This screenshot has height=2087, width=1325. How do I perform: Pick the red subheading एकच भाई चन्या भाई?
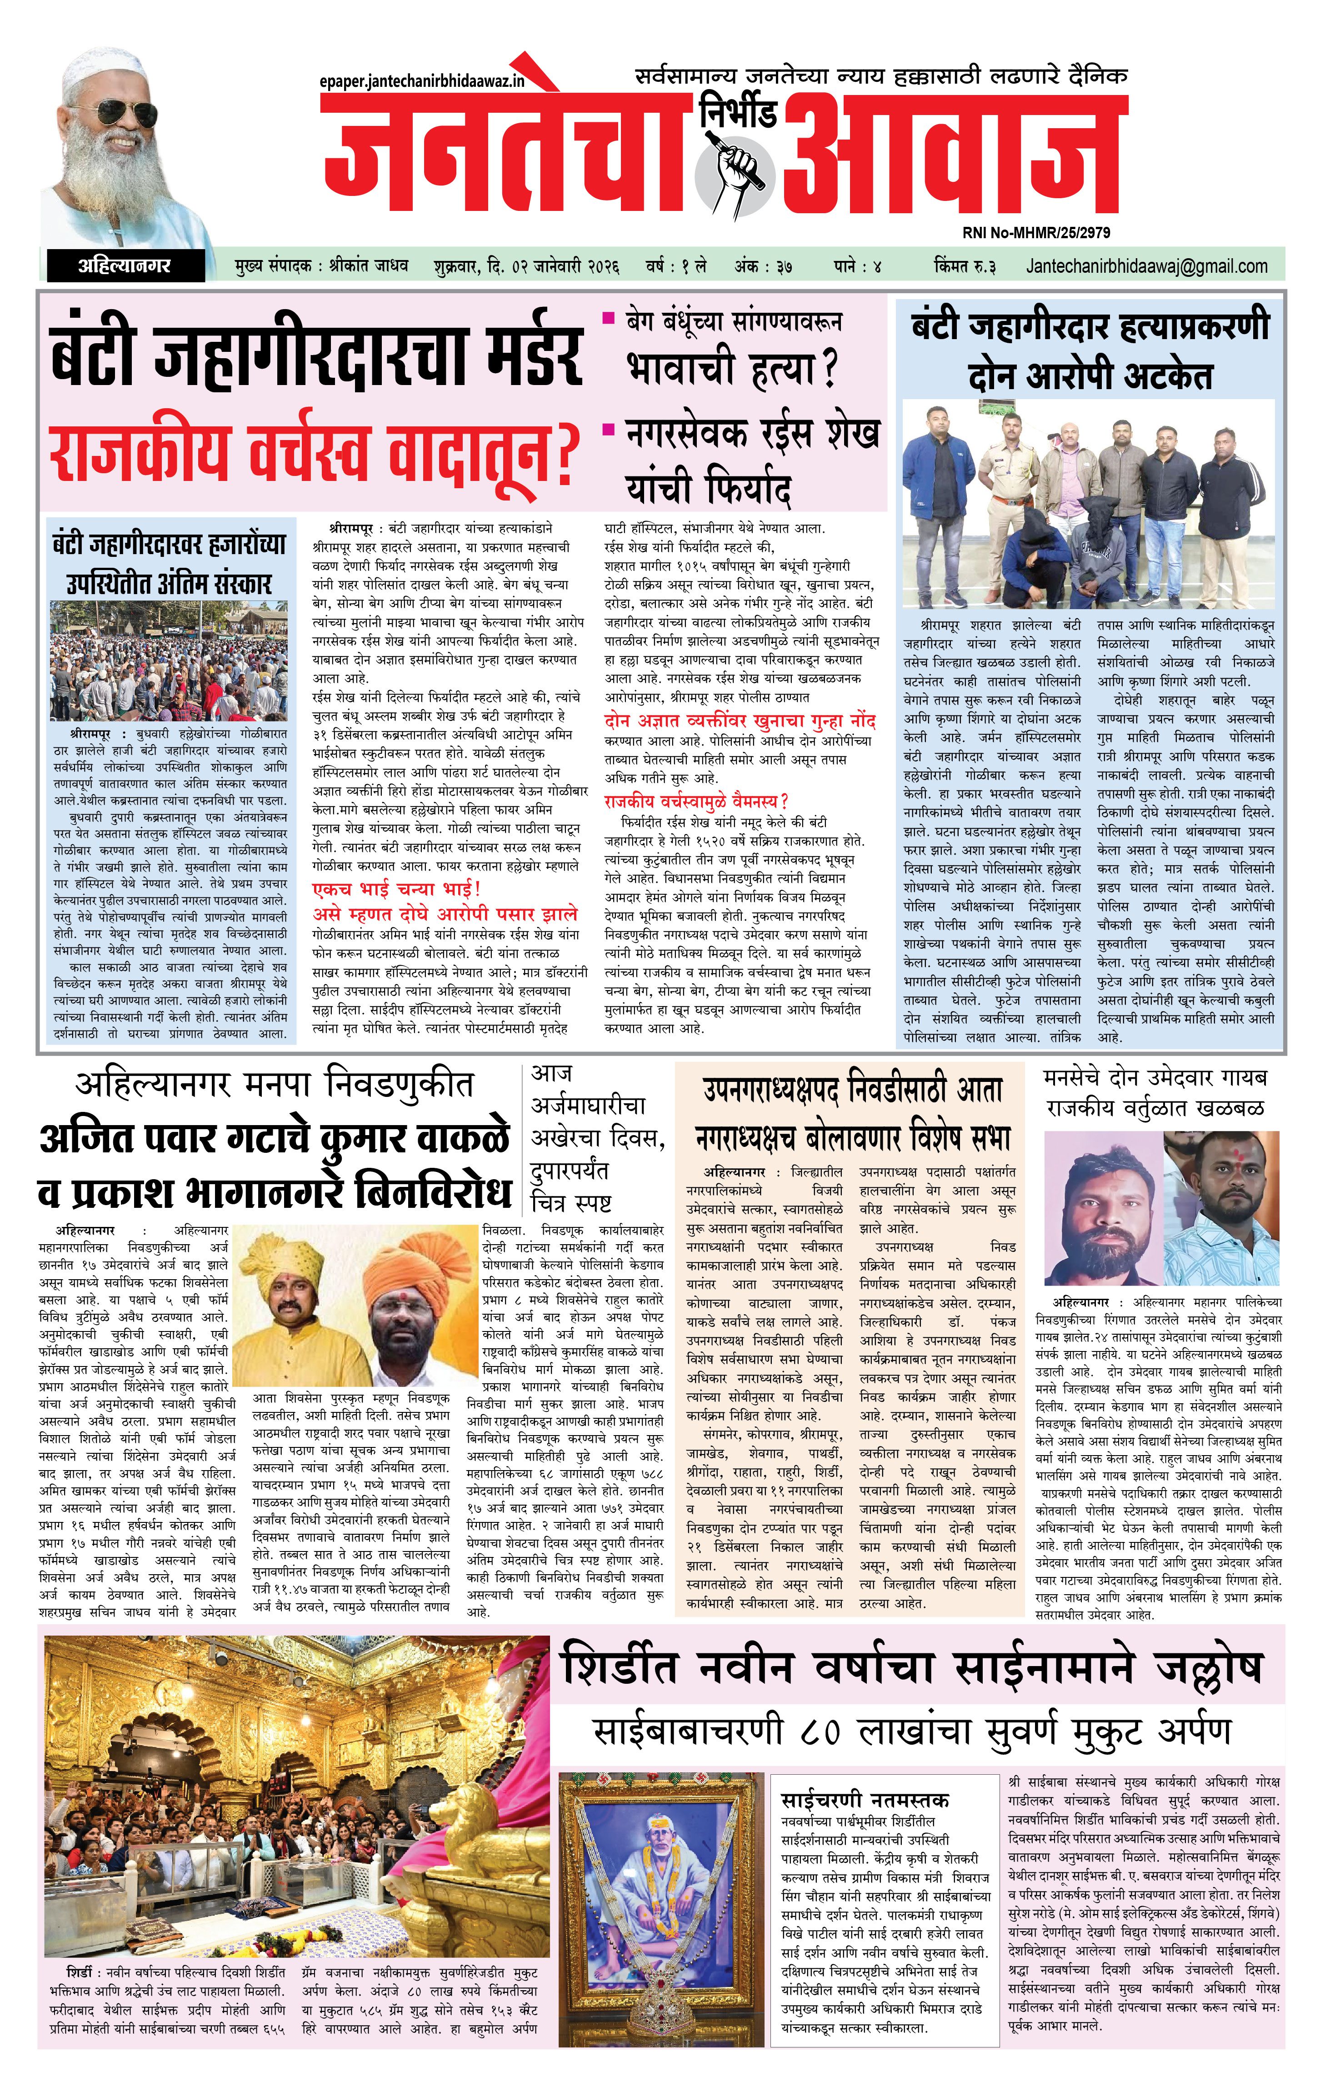click(396, 889)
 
